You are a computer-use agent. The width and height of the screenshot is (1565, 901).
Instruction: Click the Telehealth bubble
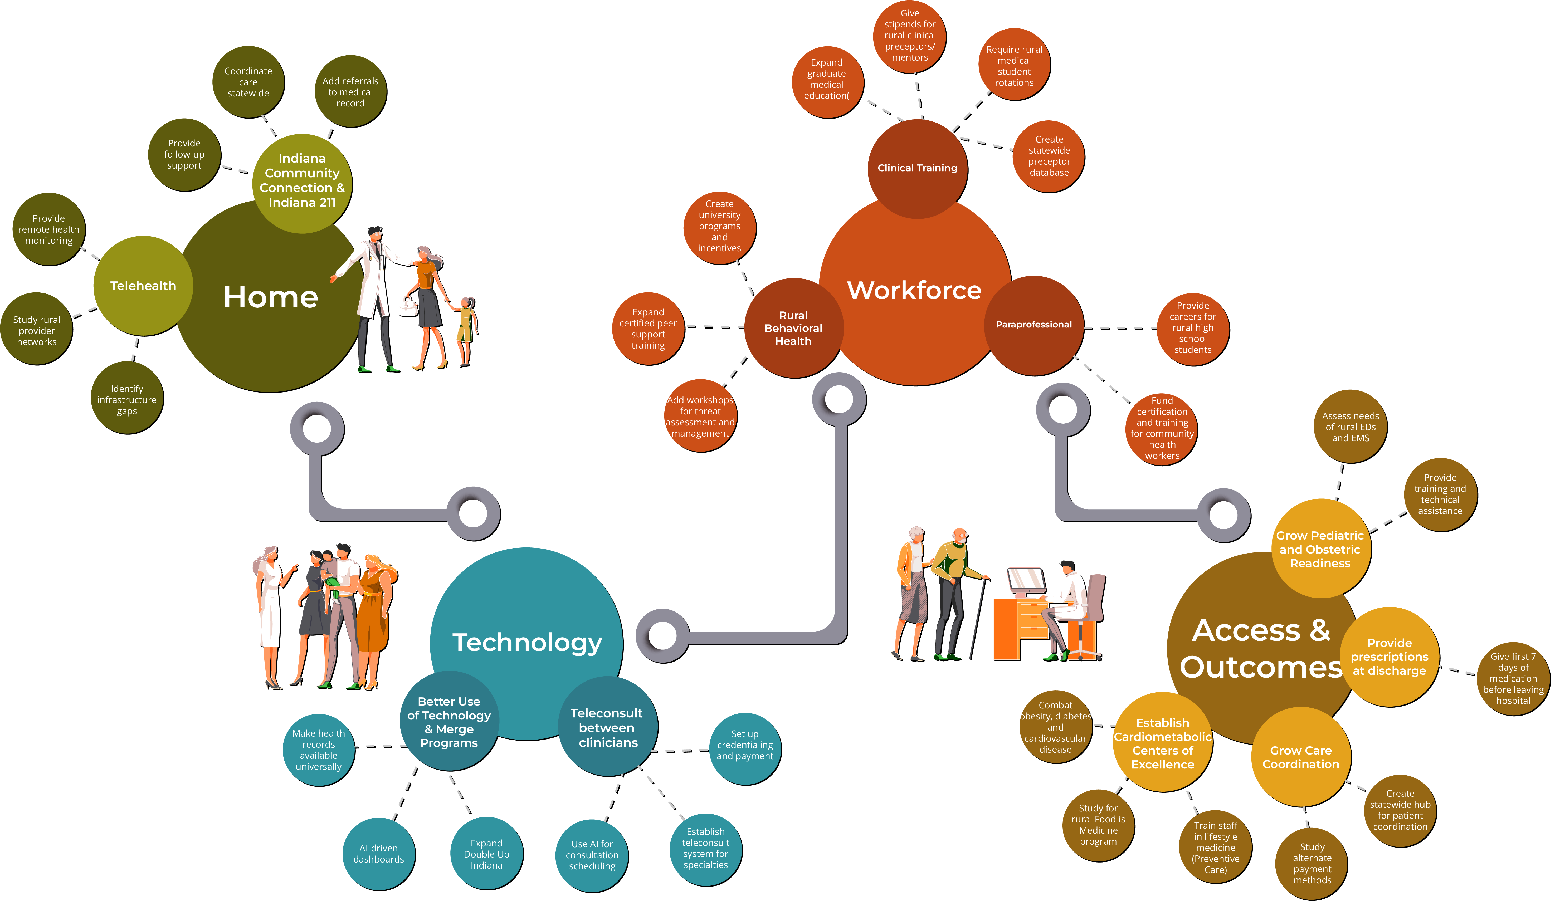143,286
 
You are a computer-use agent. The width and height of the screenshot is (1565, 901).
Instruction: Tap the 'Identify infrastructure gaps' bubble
127,399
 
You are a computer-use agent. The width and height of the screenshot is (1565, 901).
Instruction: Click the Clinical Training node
917,168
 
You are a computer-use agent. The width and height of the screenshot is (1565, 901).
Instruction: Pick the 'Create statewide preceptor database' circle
1049,156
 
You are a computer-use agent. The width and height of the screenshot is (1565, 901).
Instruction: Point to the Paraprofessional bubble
1033,324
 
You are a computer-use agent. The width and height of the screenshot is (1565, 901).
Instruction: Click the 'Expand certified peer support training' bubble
648,329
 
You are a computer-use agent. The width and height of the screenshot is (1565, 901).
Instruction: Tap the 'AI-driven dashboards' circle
379,854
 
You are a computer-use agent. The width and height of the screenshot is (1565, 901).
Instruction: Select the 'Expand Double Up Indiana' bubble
486,854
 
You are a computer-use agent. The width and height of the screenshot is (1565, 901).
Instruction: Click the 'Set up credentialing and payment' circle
745,745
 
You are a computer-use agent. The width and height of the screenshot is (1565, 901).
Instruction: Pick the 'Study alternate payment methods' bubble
1312,863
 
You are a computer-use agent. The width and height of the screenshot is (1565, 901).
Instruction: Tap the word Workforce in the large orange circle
914,290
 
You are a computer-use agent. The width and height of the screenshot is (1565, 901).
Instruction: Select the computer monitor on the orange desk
1027,582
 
